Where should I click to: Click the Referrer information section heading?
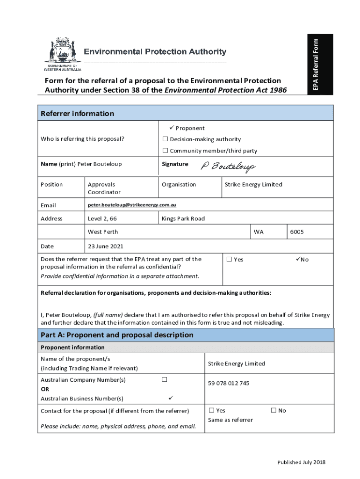pyautogui.click(x=77, y=114)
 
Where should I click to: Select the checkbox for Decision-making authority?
pyautogui.click(x=165, y=139)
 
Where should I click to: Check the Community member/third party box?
pyautogui.click(x=165, y=151)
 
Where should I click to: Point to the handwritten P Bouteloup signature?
pyautogui.click(x=228, y=167)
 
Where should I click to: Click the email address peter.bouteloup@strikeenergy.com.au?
pyautogui.click(x=132, y=205)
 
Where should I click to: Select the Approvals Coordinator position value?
pyautogui.click(x=104, y=189)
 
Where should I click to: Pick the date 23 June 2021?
pyautogui.click(x=105, y=247)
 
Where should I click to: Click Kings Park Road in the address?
pyautogui.click(x=183, y=219)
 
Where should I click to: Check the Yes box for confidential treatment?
pyautogui.click(x=229, y=260)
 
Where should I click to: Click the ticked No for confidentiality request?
pyautogui.click(x=298, y=260)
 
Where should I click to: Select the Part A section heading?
pyautogui.click(x=117, y=335)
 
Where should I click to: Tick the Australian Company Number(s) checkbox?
pyautogui.click(x=164, y=379)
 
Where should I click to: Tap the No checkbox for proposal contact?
pyautogui.click(x=274, y=411)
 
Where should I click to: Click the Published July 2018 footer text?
pyautogui.click(x=301, y=463)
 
